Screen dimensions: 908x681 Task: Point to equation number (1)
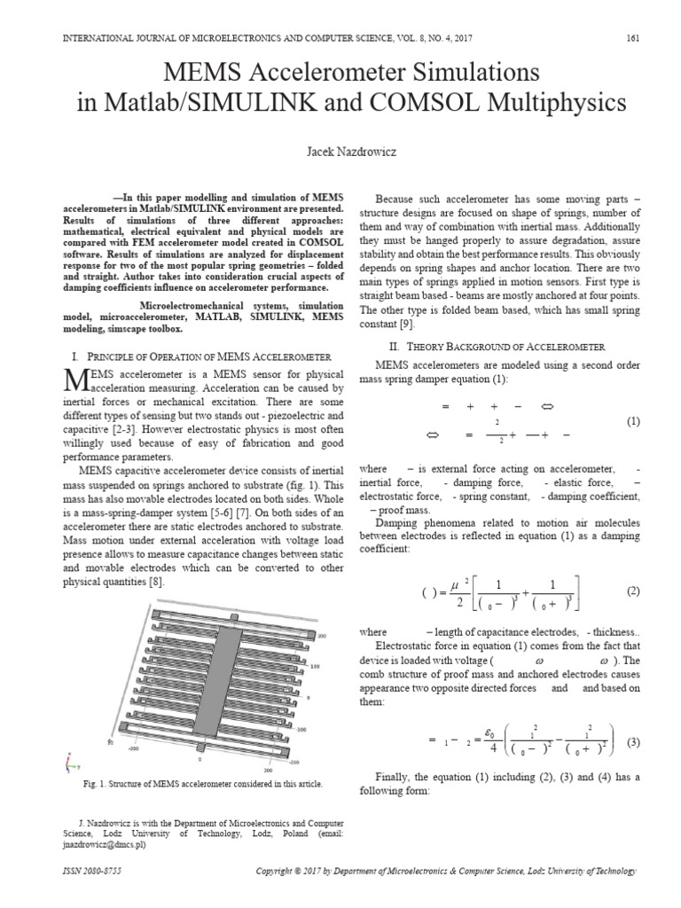[x=632, y=421]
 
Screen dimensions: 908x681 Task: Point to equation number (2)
[x=632, y=591]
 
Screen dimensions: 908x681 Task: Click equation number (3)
[x=632, y=741]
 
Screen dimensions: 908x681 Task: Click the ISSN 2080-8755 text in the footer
[x=80, y=872]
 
